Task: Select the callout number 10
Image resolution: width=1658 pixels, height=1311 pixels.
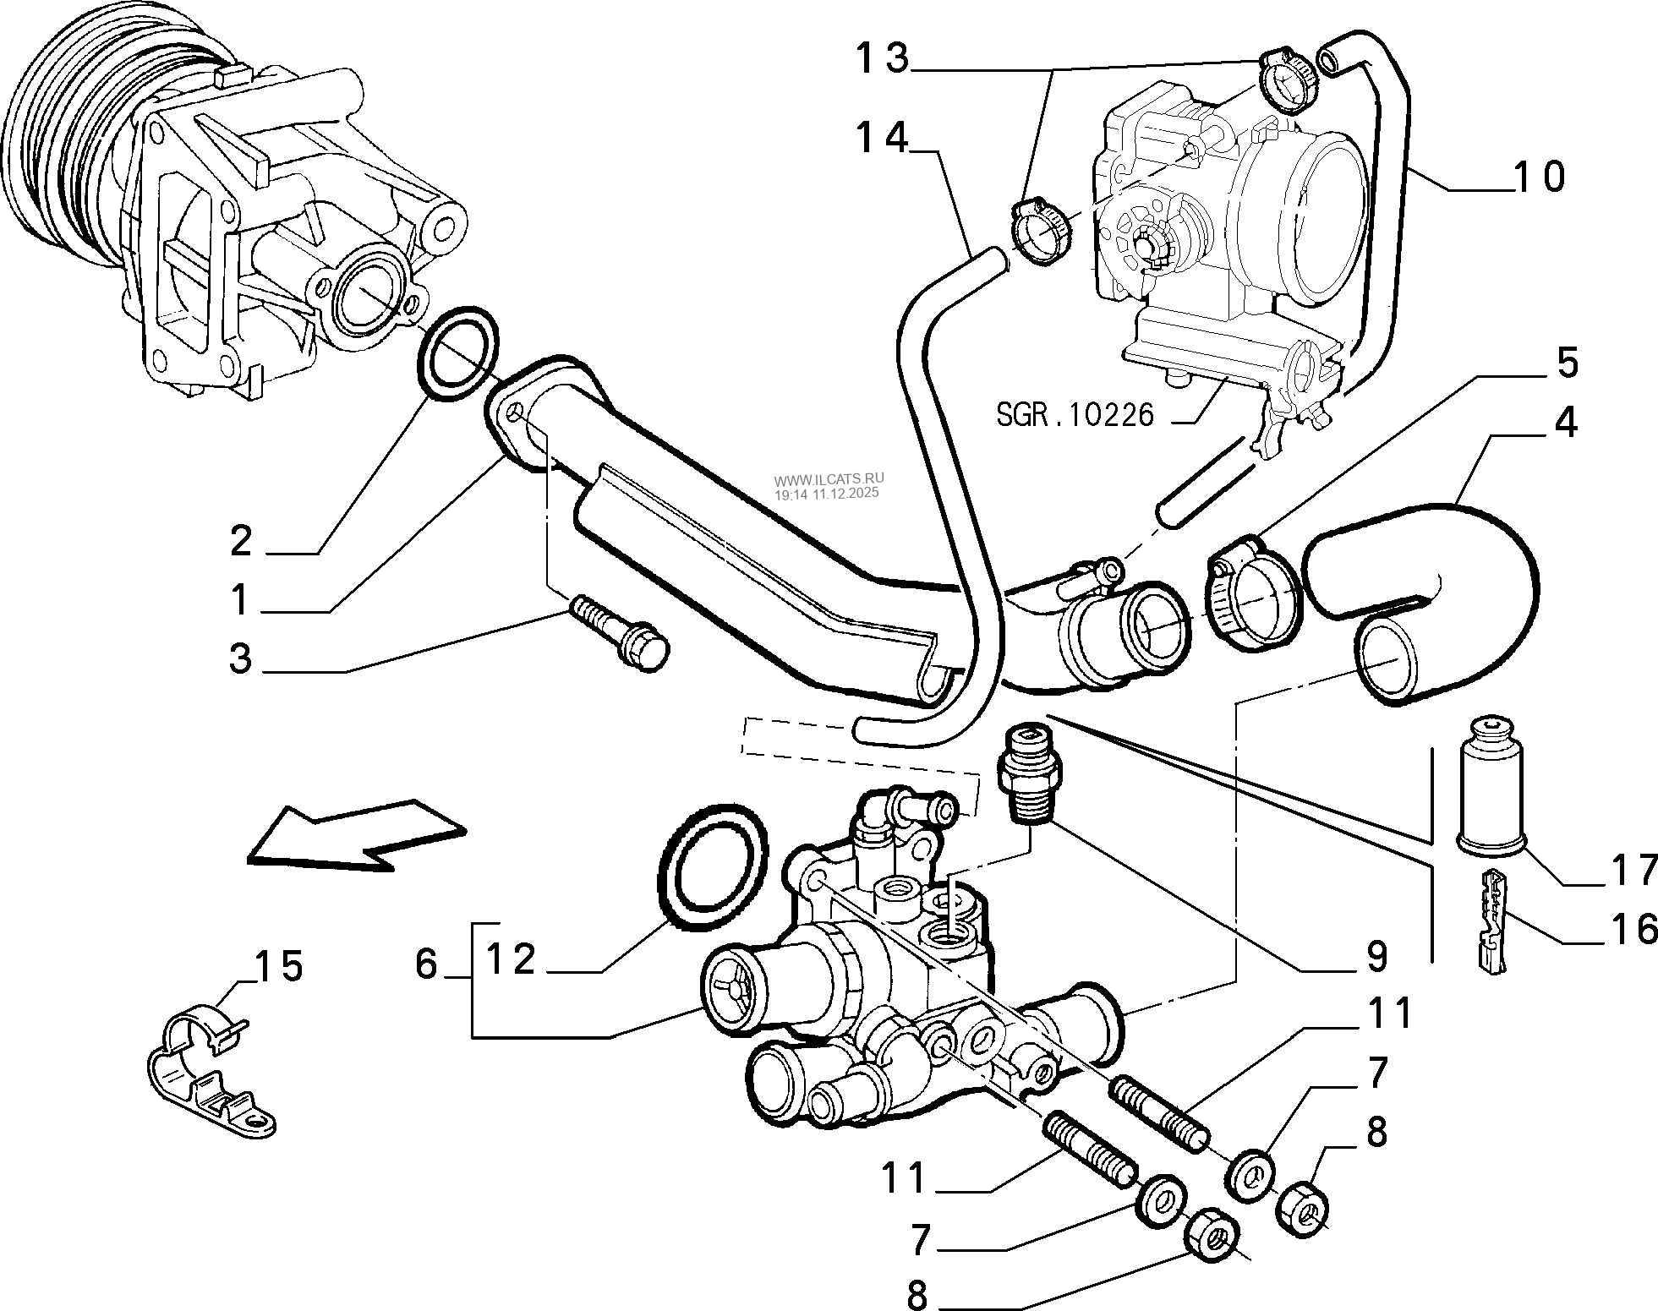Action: click(x=1538, y=177)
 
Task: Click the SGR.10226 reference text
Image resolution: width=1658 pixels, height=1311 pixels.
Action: click(x=1075, y=415)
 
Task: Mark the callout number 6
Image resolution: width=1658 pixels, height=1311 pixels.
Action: click(x=426, y=963)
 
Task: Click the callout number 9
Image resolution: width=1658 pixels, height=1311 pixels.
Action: click(x=1376, y=956)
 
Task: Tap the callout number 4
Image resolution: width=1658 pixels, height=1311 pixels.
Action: click(x=1565, y=421)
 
